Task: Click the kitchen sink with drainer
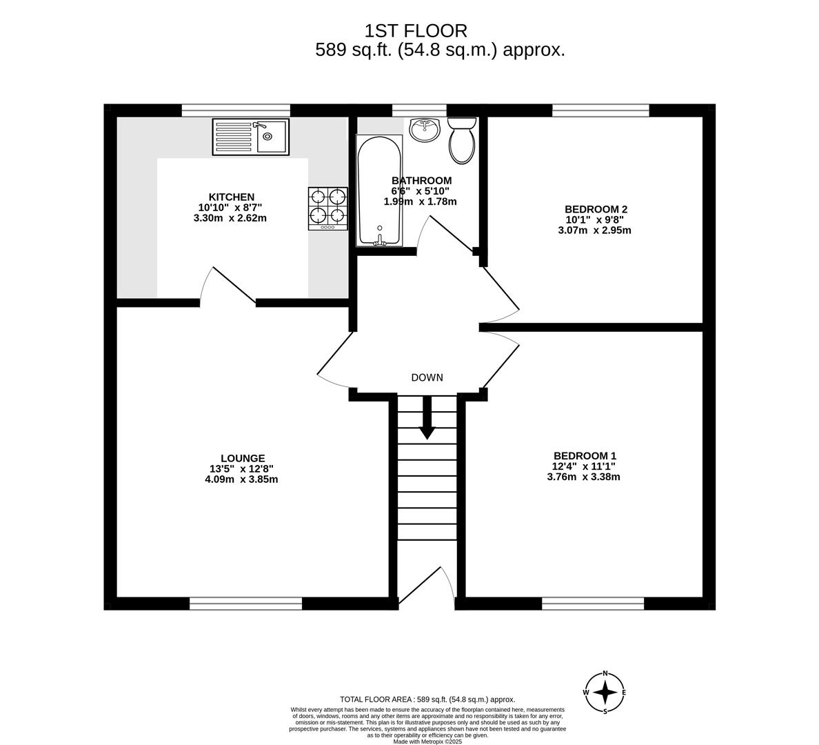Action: [251, 137]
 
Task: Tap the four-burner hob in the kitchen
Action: [328, 208]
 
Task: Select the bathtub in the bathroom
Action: [380, 190]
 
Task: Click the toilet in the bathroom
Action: [462, 139]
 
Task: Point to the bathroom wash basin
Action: [425, 129]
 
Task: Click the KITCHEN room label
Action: [232, 197]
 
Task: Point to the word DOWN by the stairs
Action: [427, 377]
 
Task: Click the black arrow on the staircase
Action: [427, 417]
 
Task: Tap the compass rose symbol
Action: [605, 693]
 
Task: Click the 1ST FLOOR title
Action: [416, 31]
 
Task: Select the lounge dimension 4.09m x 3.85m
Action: [241, 479]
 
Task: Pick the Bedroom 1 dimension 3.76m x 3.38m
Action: [583, 477]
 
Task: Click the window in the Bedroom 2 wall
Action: [600, 110]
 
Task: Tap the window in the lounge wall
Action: [245, 604]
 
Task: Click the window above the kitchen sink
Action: [236, 110]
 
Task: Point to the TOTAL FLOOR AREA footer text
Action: [427, 699]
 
